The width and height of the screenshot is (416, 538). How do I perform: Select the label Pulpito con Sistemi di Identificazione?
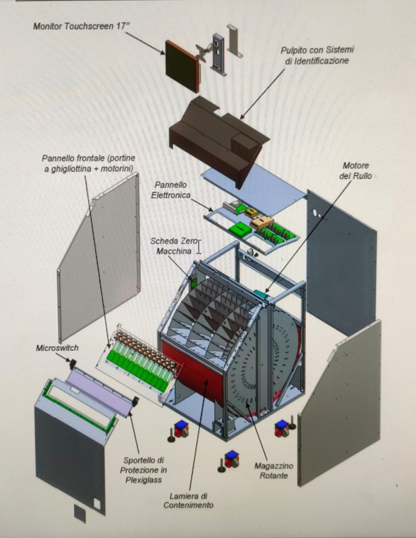tap(317, 55)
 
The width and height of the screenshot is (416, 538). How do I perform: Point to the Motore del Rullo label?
tap(355, 170)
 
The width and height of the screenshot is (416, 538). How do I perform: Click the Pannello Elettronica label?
tap(171, 190)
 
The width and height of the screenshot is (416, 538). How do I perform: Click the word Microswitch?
tap(57, 348)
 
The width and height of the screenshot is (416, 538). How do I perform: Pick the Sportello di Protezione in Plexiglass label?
tap(144, 470)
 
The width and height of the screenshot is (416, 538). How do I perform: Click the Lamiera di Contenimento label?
tap(188, 500)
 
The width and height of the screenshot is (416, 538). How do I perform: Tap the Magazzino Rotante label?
tap(273, 470)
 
